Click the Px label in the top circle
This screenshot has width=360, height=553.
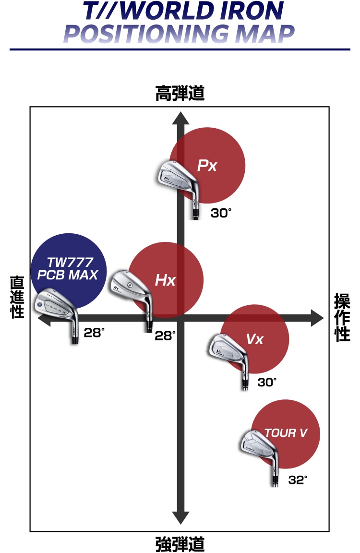point(207,166)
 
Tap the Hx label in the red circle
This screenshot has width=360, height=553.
point(165,280)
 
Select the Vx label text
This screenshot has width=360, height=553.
point(255,339)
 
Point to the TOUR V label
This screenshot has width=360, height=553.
point(286,433)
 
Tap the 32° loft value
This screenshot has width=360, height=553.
point(298,480)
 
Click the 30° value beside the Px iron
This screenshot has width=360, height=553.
point(221,213)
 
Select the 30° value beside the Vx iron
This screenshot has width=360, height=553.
point(267,382)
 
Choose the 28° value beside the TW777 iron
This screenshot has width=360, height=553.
point(94,332)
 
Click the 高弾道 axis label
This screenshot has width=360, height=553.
point(180,94)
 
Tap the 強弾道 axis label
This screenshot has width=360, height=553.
point(180,544)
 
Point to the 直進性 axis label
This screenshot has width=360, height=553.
point(17,297)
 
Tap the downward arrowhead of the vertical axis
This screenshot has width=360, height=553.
point(180,517)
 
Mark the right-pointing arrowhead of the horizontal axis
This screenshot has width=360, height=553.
point(317,317)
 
